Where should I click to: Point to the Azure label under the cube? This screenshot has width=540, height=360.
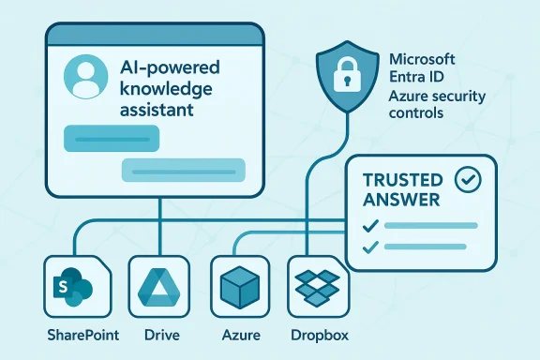[x=240, y=335]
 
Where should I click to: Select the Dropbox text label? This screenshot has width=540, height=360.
[x=318, y=335]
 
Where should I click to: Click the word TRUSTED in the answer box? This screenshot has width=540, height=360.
[x=398, y=178]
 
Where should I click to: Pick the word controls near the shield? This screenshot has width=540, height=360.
[x=413, y=113]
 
